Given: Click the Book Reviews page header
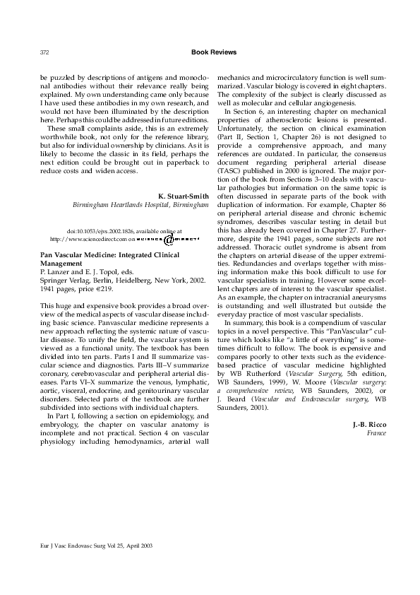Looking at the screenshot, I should point(214,52).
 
